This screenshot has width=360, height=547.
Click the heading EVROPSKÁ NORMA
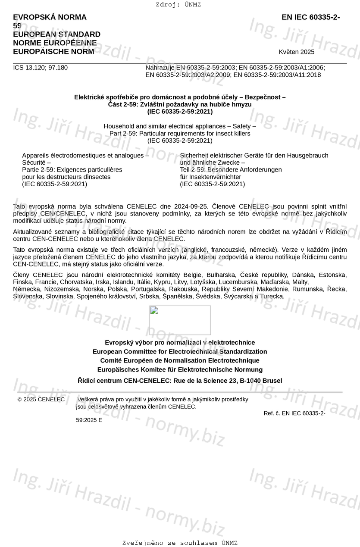coord(50,17)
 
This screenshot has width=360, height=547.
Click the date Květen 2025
coord(297,52)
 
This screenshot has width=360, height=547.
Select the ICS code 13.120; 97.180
coord(40,68)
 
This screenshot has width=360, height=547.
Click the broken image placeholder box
coord(180,320)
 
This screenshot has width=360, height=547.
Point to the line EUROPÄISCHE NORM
coord(53,51)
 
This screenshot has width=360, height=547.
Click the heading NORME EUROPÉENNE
coord(55,43)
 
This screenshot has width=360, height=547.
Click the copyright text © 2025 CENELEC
coord(41,400)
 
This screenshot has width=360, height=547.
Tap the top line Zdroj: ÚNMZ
coord(178,5)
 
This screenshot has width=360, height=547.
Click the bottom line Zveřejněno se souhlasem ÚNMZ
coord(180,543)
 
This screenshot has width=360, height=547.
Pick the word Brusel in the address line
coord(272,381)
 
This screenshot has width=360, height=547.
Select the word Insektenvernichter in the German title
coord(210,177)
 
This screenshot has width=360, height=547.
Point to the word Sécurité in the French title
coord(34,163)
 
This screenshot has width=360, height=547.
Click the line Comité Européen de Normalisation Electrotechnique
coord(180,360)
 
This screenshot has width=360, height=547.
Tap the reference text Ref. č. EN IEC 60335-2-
coord(294,413)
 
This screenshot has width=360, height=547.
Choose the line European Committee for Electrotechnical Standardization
coord(180,352)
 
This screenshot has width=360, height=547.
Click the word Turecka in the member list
coord(272,297)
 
